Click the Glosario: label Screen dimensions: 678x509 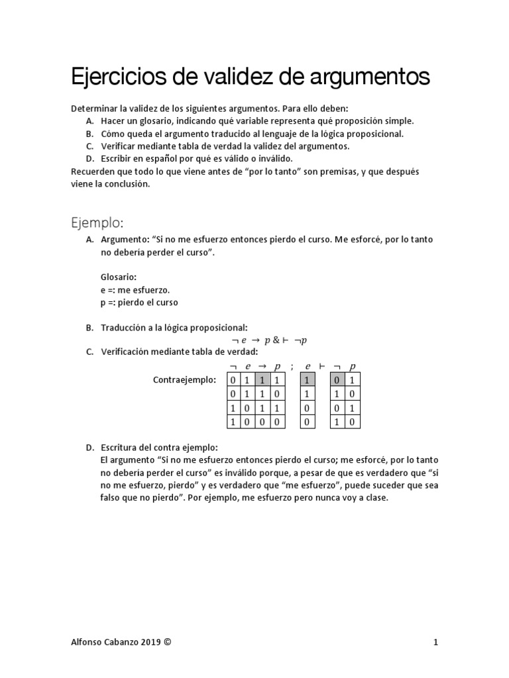pos(118,277)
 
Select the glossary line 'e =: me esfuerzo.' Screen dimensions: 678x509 pos(135,289)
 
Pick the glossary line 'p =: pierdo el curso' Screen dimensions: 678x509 pos(139,302)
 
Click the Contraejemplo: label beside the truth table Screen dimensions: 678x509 pos(184,380)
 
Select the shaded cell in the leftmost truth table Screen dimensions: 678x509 pos(262,380)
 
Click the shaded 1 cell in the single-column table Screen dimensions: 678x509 pos(308,380)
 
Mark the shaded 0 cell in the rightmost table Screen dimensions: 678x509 pos(338,380)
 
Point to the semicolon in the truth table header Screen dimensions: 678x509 pos(291,366)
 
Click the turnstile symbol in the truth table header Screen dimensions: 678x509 pos(323,366)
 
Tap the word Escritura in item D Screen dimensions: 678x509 pos(120,446)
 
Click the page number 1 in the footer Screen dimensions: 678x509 pos(435,642)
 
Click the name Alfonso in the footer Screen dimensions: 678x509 pos(87,642)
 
